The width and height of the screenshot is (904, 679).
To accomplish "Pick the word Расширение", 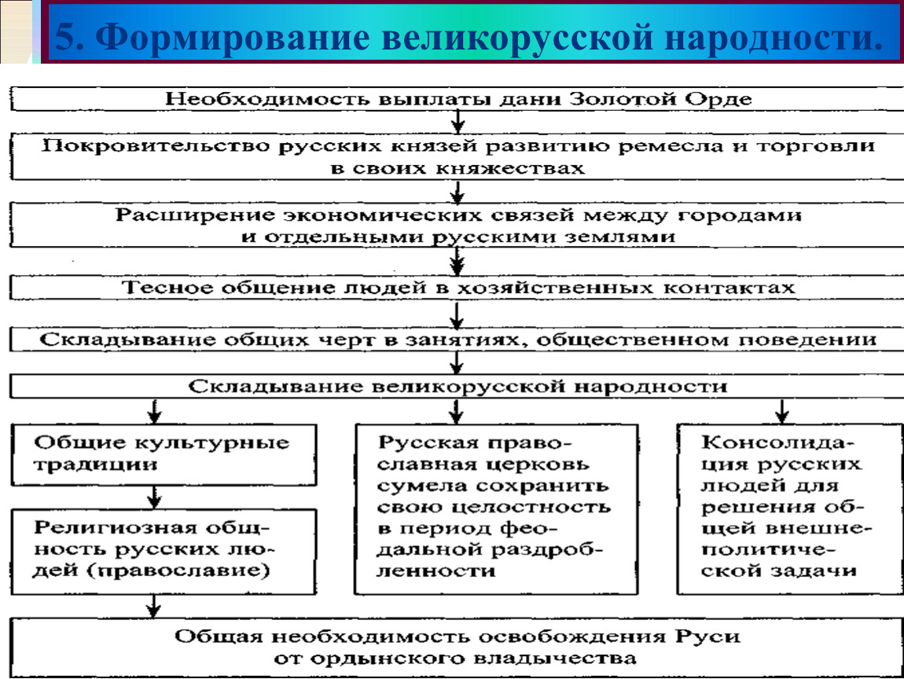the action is pos(195,215).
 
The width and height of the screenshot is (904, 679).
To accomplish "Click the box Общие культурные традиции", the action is pos(164,455).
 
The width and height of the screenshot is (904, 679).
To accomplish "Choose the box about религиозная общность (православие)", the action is pos(164,552).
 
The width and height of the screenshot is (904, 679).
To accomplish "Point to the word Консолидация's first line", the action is pos(776,442).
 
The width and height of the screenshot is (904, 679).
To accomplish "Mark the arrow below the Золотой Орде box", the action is pos(458,121).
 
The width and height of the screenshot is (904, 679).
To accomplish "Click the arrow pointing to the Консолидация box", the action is pos(782,411).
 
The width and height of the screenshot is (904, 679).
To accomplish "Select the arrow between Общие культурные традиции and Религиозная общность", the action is pos(154,497).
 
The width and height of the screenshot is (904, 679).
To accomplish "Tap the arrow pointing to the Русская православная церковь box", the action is pos(456,411).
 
